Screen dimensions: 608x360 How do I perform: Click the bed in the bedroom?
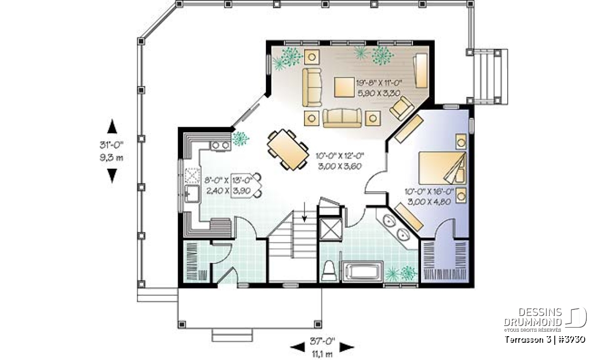coord(442,168)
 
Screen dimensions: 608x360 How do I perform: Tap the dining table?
coord(288,149)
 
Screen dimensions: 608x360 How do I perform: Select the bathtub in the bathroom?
coord(362,271)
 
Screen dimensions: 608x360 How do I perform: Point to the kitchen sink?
coord(192,193)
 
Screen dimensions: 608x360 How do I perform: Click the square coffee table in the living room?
coord(344,87)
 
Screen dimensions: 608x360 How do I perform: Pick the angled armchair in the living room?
coord(402,108)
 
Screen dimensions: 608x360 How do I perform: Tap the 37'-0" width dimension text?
coord(322,341)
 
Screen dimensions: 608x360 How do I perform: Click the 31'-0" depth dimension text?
coord(111,145)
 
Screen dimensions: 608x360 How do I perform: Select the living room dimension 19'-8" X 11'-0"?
coord(379,83)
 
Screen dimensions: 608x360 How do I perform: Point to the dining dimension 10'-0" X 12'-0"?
coord(339,156)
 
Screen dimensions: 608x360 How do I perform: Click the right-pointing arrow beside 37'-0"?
coord(347,347)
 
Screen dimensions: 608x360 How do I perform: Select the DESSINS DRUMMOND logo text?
coord(533,317)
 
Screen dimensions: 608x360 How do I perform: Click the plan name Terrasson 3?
coord(528,339)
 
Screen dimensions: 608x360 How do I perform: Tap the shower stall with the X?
coord(330,229)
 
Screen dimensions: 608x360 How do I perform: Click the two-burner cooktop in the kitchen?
coord(221,145)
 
